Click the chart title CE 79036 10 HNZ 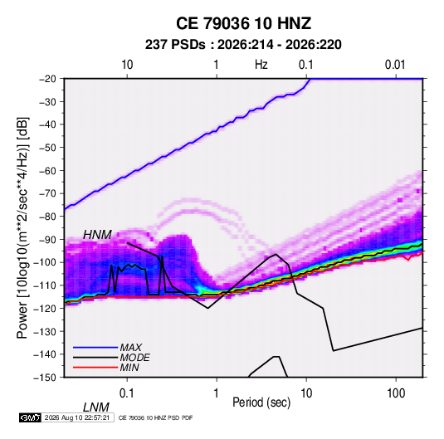click(x=243, y=23)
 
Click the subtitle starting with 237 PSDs click(x=243, y=45)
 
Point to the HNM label click(x=97, y=235)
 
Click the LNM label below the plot click(x=96, y=407)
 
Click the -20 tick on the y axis click(x=47, y=79)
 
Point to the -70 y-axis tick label click(x=47, y=193)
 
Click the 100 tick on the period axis click(x=396, y=393)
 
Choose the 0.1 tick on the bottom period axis click(x=127, y=393)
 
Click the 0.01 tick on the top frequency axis click(x=395, y=65)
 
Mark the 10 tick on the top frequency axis click(x=127, y=65)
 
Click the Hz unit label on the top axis click(x=261, y=65)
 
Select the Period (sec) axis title click(x=261, y=402)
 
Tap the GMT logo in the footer click(x=30, y=417)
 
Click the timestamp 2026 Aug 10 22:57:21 click(x=77, y=417)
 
